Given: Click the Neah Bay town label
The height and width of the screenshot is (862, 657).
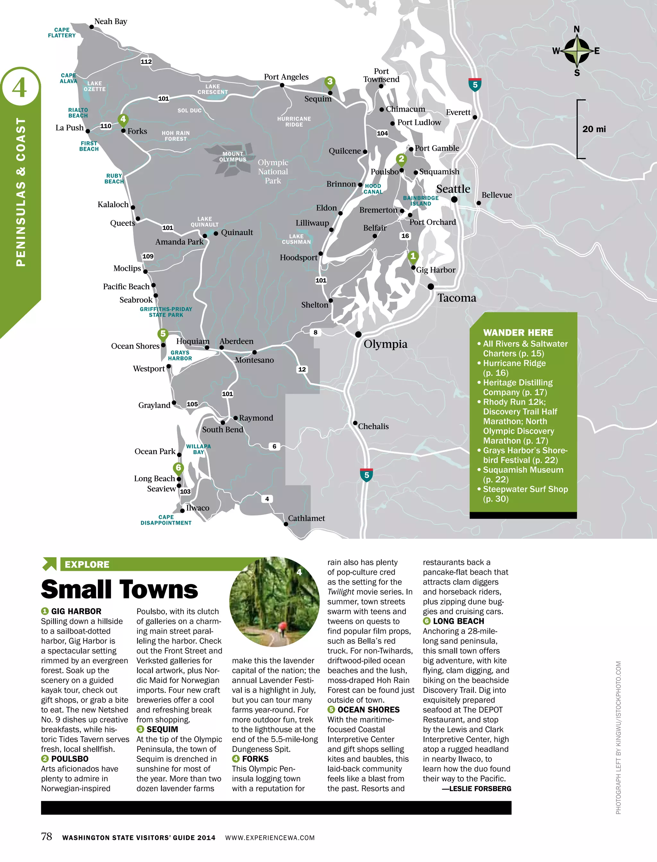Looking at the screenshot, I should click(x=110, y=21).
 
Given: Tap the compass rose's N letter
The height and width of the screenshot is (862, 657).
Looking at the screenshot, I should click(x=576, y=29).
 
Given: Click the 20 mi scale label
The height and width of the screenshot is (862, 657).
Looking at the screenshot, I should click(x=594, y=129).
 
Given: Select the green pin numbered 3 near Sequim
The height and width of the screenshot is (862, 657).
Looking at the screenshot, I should click(x=330, y=82).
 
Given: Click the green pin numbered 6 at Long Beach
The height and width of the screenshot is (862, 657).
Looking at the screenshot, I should click(x=178, y=468).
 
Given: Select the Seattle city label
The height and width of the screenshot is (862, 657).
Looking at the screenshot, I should click(x=453, y=189).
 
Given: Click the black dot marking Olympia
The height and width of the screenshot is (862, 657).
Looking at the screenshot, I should click(x=358, y=334).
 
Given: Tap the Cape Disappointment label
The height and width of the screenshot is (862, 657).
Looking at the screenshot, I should click(x=166, y=520).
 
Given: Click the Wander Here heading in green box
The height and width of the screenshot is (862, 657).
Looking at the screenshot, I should click(x=518, y=333).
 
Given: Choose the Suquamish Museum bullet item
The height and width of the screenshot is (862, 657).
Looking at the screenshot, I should click(x=523, y=474).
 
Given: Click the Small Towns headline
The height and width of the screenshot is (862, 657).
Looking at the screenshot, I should click(x=119, y=589).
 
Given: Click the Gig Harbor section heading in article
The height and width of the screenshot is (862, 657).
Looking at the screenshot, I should click(x=76, y=611).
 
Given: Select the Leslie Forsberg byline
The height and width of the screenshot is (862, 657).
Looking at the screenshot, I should click(x=476, y=789).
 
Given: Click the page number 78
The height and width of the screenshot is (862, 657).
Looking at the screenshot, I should click(x=47, y=836).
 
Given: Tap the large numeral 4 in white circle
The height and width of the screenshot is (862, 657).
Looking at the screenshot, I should click(x=20, y=88).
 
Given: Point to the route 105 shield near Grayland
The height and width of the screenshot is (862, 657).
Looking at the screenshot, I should click(x=192, y=404).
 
